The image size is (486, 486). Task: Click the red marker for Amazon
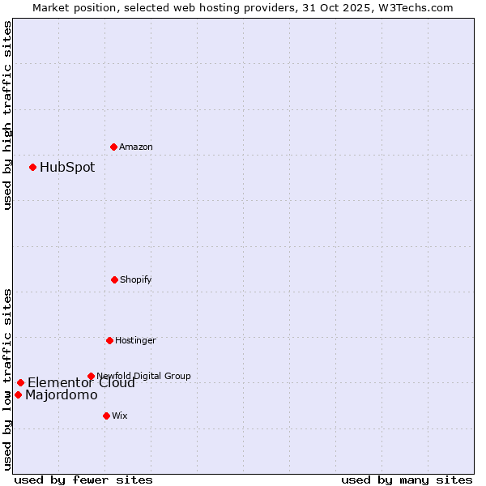pyautogui.click(x=113, y=147)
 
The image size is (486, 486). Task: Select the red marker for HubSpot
pyautogui.click(x=32, y=168)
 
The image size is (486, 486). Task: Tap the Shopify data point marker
pyautogui.click(x=114, y=279)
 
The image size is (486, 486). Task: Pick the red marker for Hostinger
pyautogui.click(x=109, y=340)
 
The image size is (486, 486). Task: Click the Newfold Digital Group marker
pyautogui.click(x=91, y=376)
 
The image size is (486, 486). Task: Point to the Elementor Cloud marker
pyautogui.click(x=20, y=382)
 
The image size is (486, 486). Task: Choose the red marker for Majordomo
pyautogui.click(x=18, y=395)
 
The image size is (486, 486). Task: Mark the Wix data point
pyautogui.click(x=106, y=416)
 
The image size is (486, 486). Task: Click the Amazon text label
pyautogui.click(x=136, y=147)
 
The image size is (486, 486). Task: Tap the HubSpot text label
pyautogui.click(x=67, y=168)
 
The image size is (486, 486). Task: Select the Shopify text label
pyautogui.click(x=136, y=279)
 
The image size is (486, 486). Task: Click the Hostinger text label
pyautogui.click(x=135, y=340)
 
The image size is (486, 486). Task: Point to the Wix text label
pyautogui.click(x=120, y=416)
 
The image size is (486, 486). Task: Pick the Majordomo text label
pyautogui.click(x=62, y=395)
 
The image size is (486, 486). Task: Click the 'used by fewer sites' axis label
pyautogui.click(x=83, y=480)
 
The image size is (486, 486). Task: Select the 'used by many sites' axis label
pyautogui.click(x=407, y=480)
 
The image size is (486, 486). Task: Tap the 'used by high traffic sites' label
pyautogui.click(x=7, y=115)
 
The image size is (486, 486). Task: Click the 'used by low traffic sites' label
pyautogui.click(x=7, y=378)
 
